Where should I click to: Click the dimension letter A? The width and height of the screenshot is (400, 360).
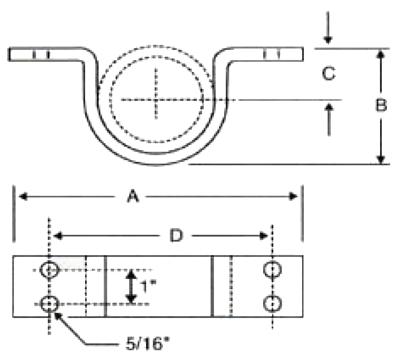pos(133,196)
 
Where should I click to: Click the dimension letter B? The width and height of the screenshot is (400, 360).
pos(381,105)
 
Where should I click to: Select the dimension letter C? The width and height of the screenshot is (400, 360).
pos(329,74)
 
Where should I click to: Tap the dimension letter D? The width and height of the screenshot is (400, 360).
pos(176,236)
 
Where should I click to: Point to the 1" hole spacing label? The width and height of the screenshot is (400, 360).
pos(147,286)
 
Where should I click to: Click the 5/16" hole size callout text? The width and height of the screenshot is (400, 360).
pos(145,344)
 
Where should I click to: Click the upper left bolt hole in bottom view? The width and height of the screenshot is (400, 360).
pos(49,270)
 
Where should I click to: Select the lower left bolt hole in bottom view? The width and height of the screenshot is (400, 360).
pos(49,304)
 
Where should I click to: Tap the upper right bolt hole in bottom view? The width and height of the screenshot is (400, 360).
pos(272,269)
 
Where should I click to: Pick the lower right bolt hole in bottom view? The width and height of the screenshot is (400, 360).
pos(272,304)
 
